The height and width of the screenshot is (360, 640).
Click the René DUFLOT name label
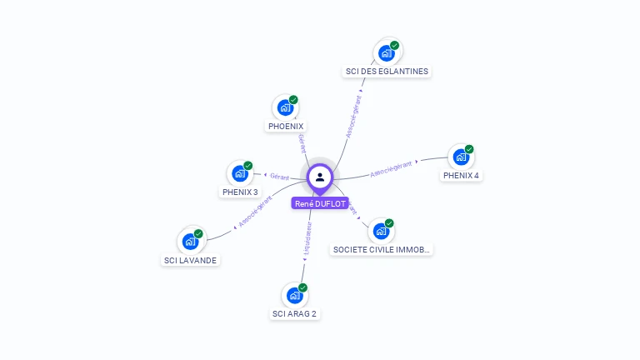tap(320, 203)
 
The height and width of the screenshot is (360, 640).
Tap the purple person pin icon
tap(320, 177)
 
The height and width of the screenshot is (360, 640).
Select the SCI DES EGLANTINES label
tap(387, 72)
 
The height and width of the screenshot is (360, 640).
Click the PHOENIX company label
tap(286, 127)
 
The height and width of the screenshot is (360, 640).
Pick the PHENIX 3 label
tap(240, 192)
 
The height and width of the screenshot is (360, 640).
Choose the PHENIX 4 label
tap(461, 176)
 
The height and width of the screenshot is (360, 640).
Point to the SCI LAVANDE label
tap(190, 260)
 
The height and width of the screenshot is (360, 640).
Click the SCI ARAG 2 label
tap(294, 314)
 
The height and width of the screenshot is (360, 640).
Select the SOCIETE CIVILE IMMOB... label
tap(382, 249)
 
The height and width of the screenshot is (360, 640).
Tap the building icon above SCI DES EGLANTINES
tap(386, 53)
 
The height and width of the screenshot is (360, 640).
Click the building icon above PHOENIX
tap(285, 108)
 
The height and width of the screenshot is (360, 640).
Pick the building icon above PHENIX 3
tap(240, 174)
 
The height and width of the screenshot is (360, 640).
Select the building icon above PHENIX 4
tap(461, 157)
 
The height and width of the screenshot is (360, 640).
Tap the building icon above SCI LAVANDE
tap(190, 242)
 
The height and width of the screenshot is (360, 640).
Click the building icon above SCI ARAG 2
tap(294, 296)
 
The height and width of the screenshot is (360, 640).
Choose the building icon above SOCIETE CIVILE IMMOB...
tap(381, 231)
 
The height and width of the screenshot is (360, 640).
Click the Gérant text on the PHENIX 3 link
tap(279, 176)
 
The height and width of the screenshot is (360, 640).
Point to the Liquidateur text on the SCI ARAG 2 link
tap(307, 238)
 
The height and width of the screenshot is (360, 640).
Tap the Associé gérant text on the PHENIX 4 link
tap(391, 169)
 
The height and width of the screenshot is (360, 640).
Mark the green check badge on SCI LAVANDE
tap(198, 234)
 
